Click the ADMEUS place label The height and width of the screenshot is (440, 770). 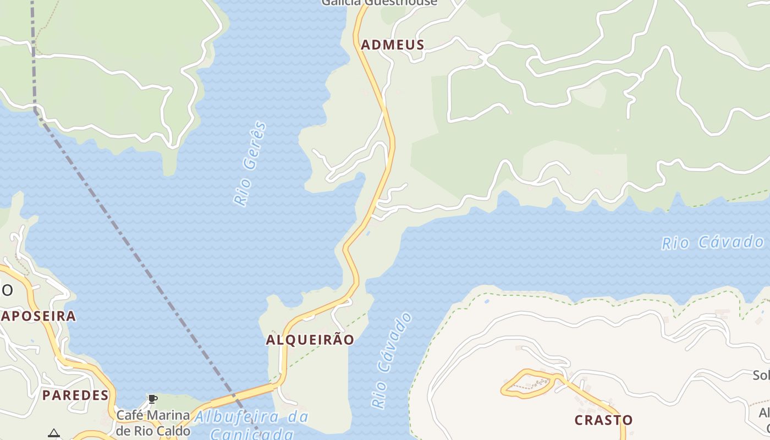coord(392,45)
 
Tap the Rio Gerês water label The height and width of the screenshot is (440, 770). coord(250,164)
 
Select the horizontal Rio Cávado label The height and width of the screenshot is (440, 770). coord(712,243)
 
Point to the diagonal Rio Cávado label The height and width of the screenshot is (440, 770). coord(391,360)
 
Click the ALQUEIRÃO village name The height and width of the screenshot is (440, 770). coord(310,340)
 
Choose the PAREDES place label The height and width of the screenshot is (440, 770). coord(75,395)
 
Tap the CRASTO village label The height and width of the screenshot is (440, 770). coord(603,420)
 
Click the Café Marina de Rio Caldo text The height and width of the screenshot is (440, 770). coord(152,422)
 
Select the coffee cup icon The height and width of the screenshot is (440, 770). coord(152,399)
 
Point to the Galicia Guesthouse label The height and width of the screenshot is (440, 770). coord(380,3)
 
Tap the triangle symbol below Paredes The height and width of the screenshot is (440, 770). coord(53,433)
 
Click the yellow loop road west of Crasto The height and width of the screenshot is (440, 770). coord(527,383)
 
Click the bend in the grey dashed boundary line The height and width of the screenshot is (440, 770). coord(36,110)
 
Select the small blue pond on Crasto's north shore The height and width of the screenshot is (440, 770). coord(486,301)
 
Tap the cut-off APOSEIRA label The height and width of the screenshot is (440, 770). coord(38,316)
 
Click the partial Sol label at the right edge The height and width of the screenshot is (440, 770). coord(761,375)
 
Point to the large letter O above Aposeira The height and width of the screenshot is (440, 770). coord(7,290)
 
